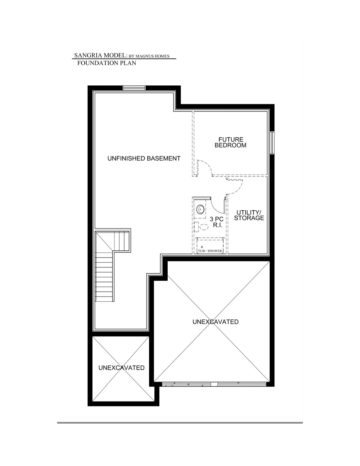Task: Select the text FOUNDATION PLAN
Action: pos(106,63)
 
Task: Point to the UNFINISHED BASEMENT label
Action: pos(144,159)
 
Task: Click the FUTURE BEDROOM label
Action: pos(231,142)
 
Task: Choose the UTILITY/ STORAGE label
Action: pos(249,215)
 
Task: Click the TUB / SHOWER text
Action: pos(210,251)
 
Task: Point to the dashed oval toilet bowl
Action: pos(204,227)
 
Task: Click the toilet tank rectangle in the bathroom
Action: pos(196,227)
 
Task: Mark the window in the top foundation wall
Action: pos(134,88)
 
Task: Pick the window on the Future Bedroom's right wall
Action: pos(272,142)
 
